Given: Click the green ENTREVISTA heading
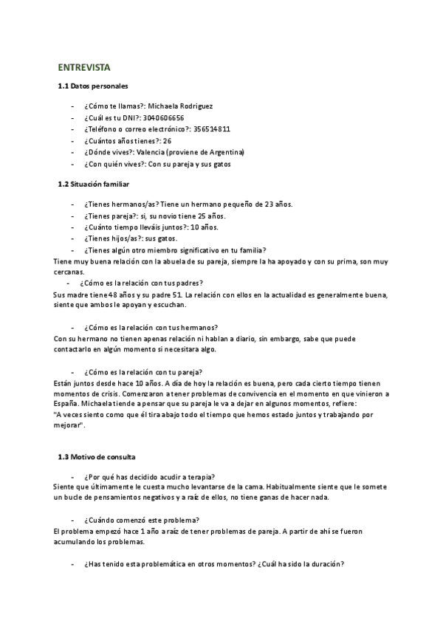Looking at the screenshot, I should pyautogui.click(x=83, y=67).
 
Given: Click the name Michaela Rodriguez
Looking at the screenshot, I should pyautogui.click(x=181, y=106).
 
